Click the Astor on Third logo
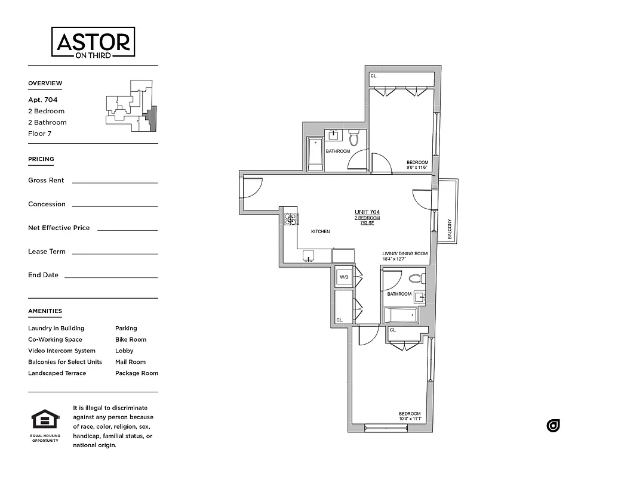click(x=93, y=43)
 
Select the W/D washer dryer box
click(x=344, y=277)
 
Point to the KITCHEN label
click(x=320, y=231)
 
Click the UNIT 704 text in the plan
click(x=367, y=212)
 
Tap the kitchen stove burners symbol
click(x=290, y=219)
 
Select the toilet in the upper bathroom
click(x=353, y=139)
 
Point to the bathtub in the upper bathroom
click(x=315, y=154)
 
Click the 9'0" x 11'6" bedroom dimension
click(x=417, y=168)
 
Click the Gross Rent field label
click(x=46, y=180)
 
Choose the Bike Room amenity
click(x=131, y=339)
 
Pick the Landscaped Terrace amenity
click(x=57, y=373)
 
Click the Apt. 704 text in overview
click(x=42, y=100)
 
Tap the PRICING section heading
click(x=41, y=159)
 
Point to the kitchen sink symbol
click(x=309, y=256)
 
